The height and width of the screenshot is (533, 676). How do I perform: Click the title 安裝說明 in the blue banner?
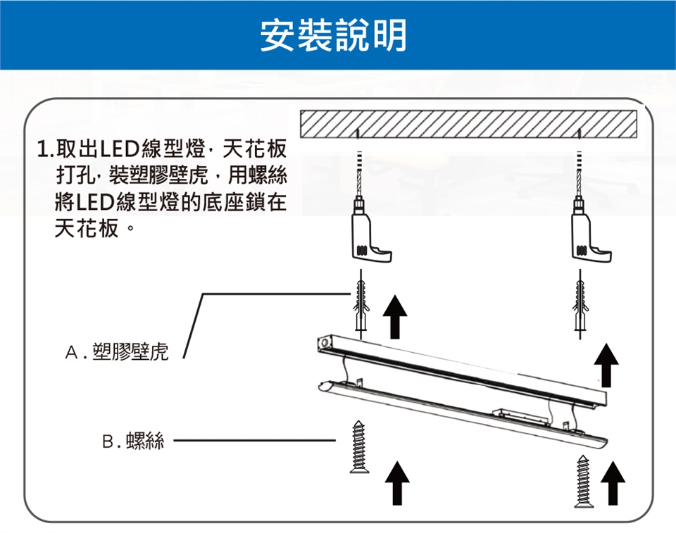coord(333,35)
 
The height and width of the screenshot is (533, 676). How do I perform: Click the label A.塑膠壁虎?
coord(117,353)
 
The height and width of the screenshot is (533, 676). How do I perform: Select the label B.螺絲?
coord(133,441)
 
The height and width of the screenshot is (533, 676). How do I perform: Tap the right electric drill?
coord(587,239)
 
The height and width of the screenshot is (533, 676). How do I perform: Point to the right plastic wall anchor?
coord(581,306)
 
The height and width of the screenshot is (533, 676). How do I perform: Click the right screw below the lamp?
coord(583,481)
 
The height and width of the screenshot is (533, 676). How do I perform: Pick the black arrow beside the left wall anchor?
coord(396,317)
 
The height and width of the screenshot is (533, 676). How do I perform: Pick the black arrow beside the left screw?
coord(398,482)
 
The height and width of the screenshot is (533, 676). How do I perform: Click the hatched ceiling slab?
coord(468,125)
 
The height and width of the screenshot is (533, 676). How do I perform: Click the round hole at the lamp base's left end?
coord(325,343)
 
